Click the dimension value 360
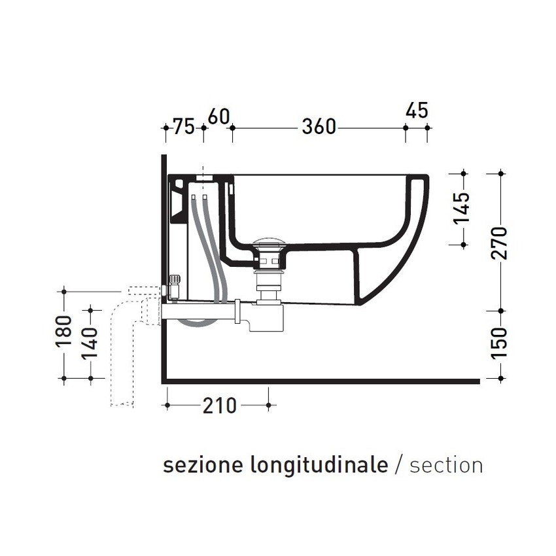(319, 126)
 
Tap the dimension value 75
(184, 126)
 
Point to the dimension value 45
(416, 111)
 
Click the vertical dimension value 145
(462, 208)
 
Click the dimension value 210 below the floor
(218, 406)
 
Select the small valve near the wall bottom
(175, 286)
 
